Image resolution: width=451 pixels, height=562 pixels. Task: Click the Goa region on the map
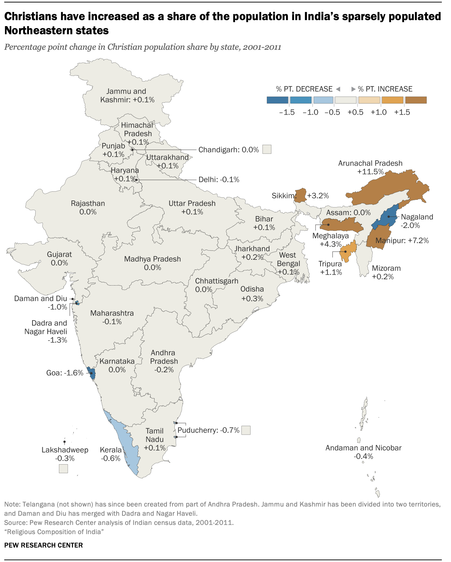pyautogui.click(x=92, y=373)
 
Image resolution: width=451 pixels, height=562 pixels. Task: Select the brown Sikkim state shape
pyautogui.click(x=301, y=195)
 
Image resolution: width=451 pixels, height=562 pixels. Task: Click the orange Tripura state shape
pyautogui.click(x=348, y=252)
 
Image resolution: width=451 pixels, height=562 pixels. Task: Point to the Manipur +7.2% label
pyautogui.click(x=402, y=241)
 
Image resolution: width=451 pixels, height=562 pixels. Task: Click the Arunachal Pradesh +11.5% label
pyautogui.click(x=370, y=167)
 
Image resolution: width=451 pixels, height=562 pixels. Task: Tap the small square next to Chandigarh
pyautogui.click(x=267, y=149)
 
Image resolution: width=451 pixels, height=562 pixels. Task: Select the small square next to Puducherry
pyautogui.click(x=246, y=430)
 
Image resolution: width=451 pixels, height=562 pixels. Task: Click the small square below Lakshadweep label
pyautogui.click(x=63, y=469)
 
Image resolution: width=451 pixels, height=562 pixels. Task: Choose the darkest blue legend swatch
pyautogui.click(x=277, y=100)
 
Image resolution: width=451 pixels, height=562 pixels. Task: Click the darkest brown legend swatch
pyautogui.click(x=416, y=100)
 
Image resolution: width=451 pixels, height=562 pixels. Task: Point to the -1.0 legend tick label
pyautogui.click(x=311, y=112)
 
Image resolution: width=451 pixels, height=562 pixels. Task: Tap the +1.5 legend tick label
pyautogui.click(x=402, y=112)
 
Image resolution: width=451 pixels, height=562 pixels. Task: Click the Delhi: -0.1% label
pyautogui.click(x=219, y=180)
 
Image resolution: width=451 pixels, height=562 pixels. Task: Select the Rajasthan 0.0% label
pyautogui.click(x=88, y=208)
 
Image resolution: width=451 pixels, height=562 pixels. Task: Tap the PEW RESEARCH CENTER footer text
pyautogui.click(x=43, y=545)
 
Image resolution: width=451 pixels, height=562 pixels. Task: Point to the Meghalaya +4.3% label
pyautogui.click(x=331, y=240)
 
